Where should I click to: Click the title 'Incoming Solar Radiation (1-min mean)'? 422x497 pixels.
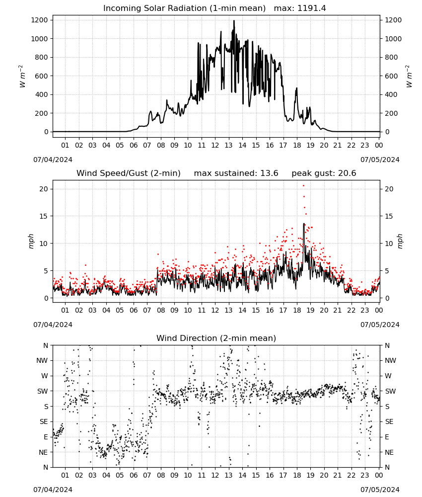tap(184, 8)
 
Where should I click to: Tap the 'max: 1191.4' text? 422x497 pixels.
tap(300, 8)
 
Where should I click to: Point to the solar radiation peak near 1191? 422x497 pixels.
tap(234, 21)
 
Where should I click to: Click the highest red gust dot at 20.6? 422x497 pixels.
tap(303, 186)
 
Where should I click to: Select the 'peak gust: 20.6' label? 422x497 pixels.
tap(324, 173)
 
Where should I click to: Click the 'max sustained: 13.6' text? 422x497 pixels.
tap(236, 173)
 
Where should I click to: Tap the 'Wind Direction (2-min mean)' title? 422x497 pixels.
tap(216, 338)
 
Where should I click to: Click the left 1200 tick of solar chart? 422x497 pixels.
tap(39, 20)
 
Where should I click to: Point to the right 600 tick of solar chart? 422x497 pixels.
tap(391, 76)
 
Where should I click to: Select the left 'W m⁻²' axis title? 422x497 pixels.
tap(22, 76)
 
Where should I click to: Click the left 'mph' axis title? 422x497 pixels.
tap(31, 241)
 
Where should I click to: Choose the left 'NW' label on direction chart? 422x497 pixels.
tap(42, 361)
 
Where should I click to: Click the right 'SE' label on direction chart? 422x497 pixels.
tap(389, 421)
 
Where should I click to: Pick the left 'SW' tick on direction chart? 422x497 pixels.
tap(42, 391)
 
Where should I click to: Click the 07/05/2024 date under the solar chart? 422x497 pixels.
tap(380, 160)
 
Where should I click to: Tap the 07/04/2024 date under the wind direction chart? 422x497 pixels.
tap(53, 490)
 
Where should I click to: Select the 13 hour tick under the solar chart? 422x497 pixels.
tap(228, 145)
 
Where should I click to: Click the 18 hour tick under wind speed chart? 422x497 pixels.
tap(296, 310)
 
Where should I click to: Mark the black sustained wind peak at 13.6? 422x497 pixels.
tap(304, 224)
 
